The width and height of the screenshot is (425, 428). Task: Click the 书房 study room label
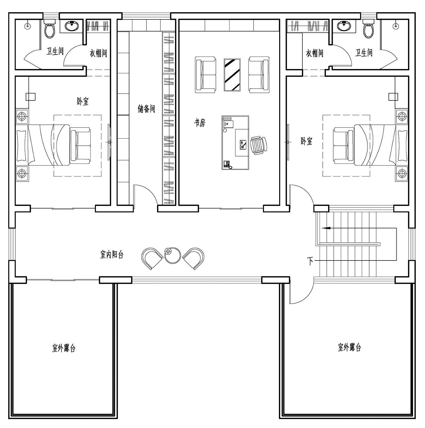pos(199,123)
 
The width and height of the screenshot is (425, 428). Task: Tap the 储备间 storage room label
pos(146,109)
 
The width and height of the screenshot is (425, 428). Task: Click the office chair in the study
pos(258,145)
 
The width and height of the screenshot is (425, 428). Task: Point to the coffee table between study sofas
pos(232,75)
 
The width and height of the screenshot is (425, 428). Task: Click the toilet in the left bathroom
pos(50,29)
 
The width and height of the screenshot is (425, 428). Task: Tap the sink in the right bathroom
pos(344,26)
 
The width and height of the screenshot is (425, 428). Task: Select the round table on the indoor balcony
pos(173,255)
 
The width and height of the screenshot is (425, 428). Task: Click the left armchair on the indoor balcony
pos(152,258)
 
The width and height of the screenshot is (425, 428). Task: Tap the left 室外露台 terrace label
pos(64,348)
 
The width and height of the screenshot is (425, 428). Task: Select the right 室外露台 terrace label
pos(349,347)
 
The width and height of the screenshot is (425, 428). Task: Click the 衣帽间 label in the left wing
pos(99,53)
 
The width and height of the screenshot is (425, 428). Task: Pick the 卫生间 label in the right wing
pos(364,53)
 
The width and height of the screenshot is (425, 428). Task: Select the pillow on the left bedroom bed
pos(22,145)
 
